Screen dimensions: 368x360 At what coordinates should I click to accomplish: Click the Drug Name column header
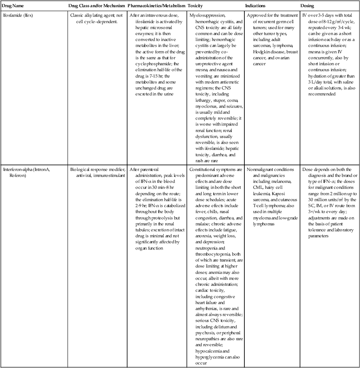tap(12, 6)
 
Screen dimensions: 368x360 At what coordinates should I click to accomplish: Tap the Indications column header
tap(255, 6)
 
